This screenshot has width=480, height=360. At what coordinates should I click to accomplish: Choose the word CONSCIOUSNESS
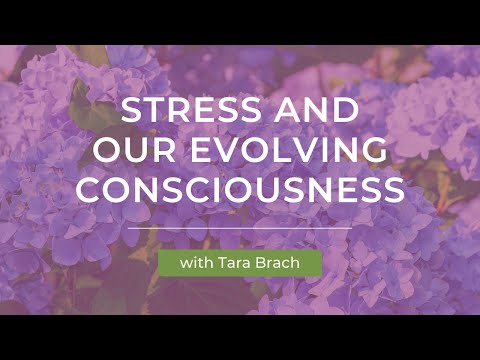[240, 189]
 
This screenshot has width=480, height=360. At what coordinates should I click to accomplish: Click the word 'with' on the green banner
[196, 264]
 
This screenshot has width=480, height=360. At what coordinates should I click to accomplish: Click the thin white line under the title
[240, 229]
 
